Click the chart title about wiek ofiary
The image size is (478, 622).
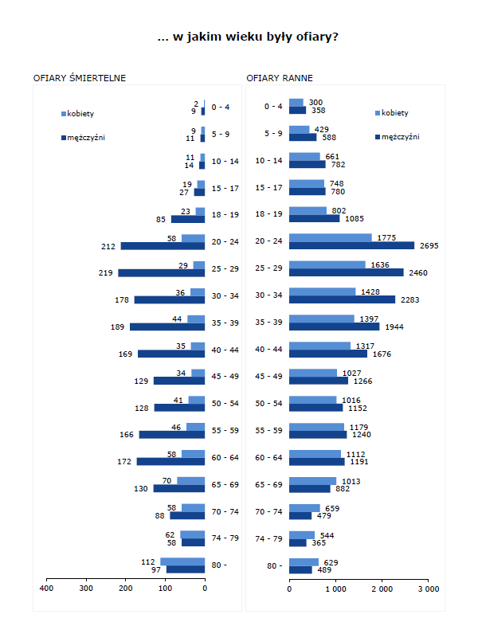pyautogui.click(x=248, y=37)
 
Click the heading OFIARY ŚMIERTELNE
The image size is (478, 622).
pyautogui.click(x=80, y=78)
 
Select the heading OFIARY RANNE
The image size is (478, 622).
pyautogui.click(x=280, y=78)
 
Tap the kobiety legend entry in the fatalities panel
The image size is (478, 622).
pyautogui.click(x=80, y=113)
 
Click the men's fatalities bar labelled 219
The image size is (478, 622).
pyautogui.click(x=162, y=273)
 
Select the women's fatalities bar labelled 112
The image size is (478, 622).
pyautogui.click(x=182, y=561)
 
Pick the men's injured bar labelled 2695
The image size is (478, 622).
pyautogui.click(x=351, y=245)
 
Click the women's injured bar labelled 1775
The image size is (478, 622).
pyautogui.click(x=330, y=237)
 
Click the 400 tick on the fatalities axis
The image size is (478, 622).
pyautogui.click(x=46, y=589)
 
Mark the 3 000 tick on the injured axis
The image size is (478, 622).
pyautogui.click(x=429, y=589)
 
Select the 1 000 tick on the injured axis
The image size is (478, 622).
pyautogui.click(x=335, y=589)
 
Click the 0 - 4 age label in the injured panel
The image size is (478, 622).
pyautogui.click(x=273, y=107)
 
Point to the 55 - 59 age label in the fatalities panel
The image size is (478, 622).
pyautogui.click(x=225, y=431)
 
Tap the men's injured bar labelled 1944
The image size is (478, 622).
pyautogui.click(x=334, y=327)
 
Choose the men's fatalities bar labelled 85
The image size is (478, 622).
pyautogui.click(x=188, y=219)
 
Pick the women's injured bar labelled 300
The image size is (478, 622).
pyautogui.click(x=296, y=102)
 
